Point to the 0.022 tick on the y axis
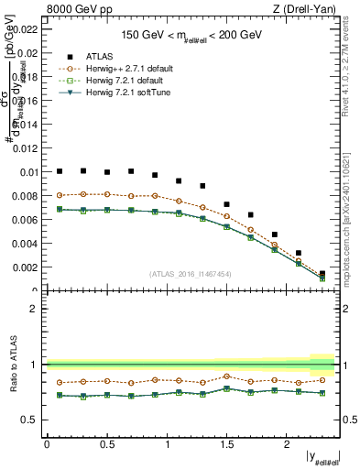click(x=27, y=28)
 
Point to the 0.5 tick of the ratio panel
click(x=32, y=420)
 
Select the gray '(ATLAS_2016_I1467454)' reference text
click(x=191, y=273)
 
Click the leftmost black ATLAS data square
click(x=60, y=171)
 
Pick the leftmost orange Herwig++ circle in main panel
click(x=60, y=195)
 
